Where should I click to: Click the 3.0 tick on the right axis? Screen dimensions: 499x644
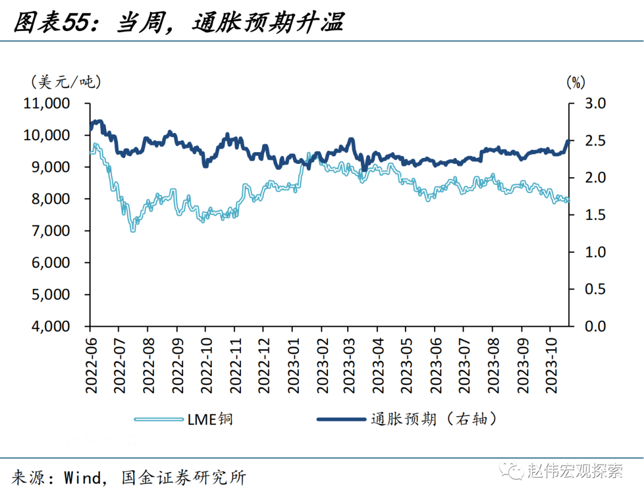tap(593, 104)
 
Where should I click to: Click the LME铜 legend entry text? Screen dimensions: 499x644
tap(209, 419)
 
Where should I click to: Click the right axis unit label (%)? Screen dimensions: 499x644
tap(575, 82)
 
